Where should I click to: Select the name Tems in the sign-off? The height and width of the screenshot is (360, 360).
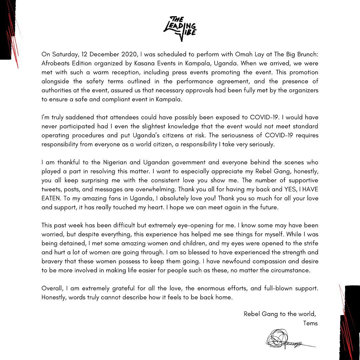[x=310, y=323]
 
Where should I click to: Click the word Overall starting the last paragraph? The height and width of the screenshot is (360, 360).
[x=52, y=288]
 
